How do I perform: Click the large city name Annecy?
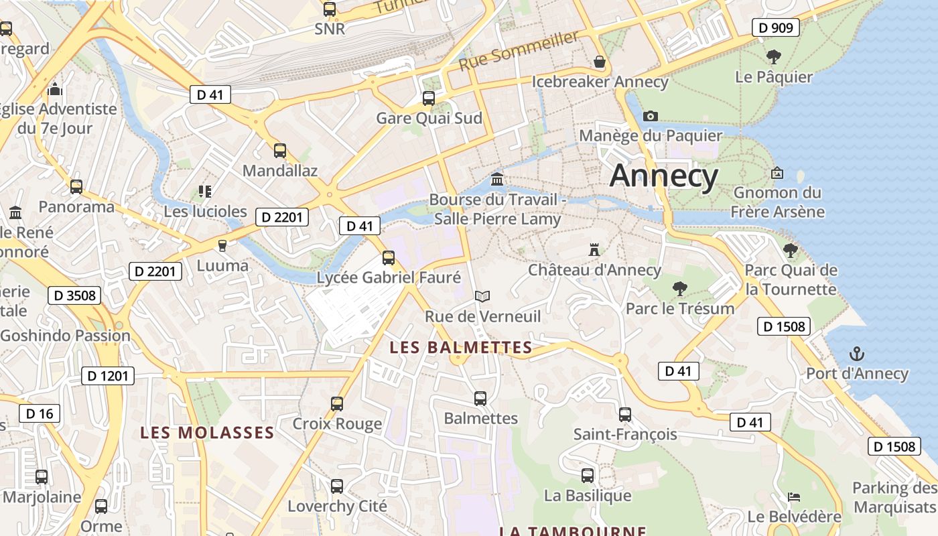pyautogui.click(x=664, y=176)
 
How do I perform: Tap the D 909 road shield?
pyautogui.click(x=775, y=27)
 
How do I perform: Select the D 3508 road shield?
pyautogui.click(x=74, y=295)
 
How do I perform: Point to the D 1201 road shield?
pyautogui.click(x=108, y=376)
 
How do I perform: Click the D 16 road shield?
pyautogui.click(x=40, y=413)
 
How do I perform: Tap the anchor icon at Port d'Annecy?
pyautogui.click(x=856, y=353)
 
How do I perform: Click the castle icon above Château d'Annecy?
pyautogui.click(x=594, y=249)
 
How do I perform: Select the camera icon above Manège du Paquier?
pyautogui.click(x=650, y=116)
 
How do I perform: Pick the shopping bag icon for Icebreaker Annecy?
pyautogui.click(x=600, y=62)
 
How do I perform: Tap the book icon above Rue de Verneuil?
pyautogui.click(x=482, y=295)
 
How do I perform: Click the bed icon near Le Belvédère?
pyautogui.click(x=794, y=496)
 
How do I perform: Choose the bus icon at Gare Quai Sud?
pyautogui.click(x=429, y=98)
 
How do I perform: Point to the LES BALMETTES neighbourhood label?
pyautogui.click(x=460, y=348)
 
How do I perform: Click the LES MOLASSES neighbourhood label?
pyautogui.click(x=207, y=433)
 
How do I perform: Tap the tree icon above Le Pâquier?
pyautogui.click(x=774, y=56)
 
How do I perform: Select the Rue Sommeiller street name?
pyautogui.click(x=519, y=51)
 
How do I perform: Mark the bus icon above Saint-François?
pyautogui.click(x=625, y=414)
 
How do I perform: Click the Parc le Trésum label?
pyautogui.click(x=680, y=308)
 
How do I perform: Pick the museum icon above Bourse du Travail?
pyautogui.click(x=497, y=179)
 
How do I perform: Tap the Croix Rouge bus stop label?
pyautogui.click(x=337, y=423)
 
